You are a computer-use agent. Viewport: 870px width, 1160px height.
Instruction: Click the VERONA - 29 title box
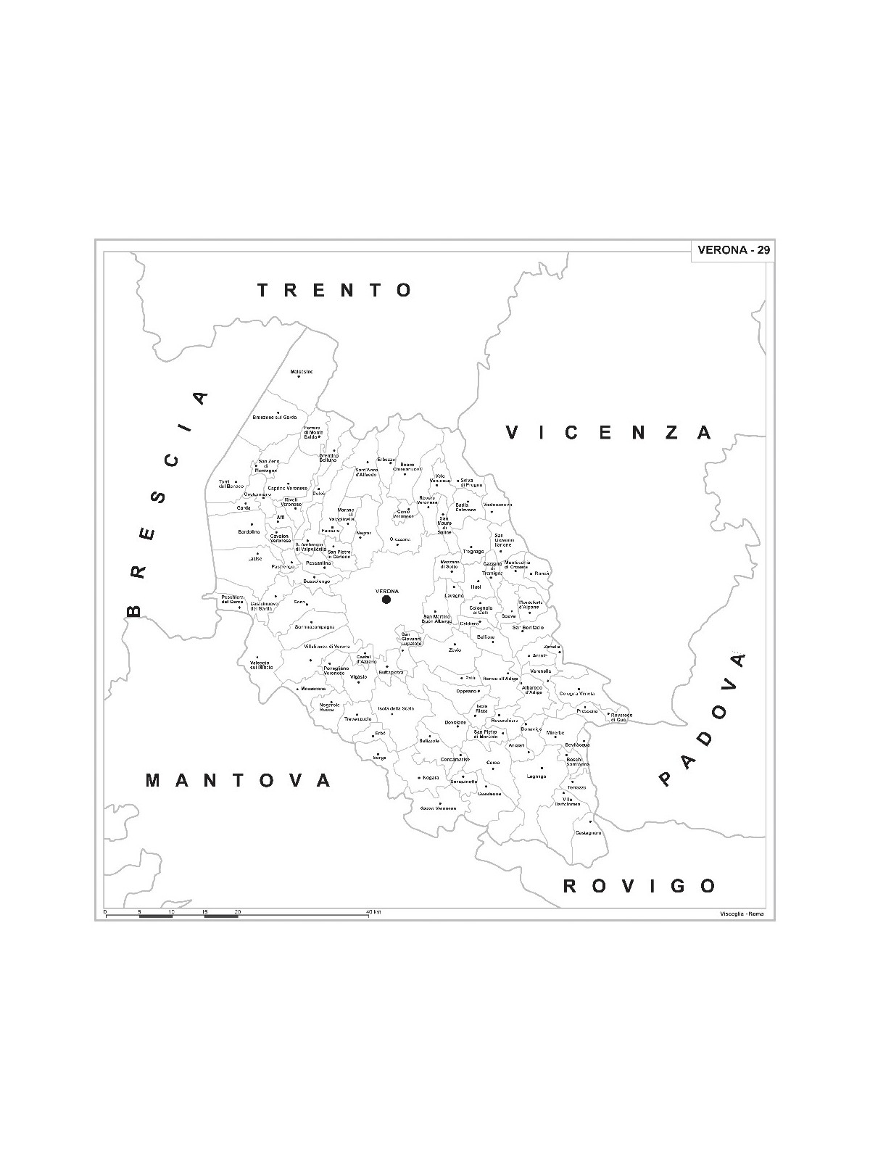pyautogui.click(x=733, y=251)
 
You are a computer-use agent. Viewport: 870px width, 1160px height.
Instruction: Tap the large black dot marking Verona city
pyautogui.click(x=386, y=600)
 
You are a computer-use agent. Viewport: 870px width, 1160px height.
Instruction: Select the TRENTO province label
pyautogui.click(x=336, y=291)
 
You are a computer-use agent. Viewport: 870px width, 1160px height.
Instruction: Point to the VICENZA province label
pyautogui.click(x=608, y=433)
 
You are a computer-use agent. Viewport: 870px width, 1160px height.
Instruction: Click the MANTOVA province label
pyautogui.click(x=239, y=781)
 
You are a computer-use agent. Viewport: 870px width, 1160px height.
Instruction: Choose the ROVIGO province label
pyautogui.click(x=640, y=885)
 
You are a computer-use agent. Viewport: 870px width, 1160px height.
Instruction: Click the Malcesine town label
pyautogui.click(x=302, y=372)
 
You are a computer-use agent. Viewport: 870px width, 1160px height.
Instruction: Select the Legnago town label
pyautogui.click(x=536, y=776)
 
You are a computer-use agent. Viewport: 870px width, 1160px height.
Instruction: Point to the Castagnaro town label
pyautogui.click(x=589, y=832)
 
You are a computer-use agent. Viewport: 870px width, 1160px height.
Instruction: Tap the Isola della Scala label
pyautogui.click(x=394, y=708)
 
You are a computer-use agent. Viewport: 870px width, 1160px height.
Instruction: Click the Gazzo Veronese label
pyautogui.click(x=438, y=808)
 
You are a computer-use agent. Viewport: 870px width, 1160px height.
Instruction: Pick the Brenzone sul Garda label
pyautogui.click(x=275, y=418)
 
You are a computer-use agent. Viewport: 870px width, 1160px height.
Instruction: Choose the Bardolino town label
pyautogui.click(x=249, y=532)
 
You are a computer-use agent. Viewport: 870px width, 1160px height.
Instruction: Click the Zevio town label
pyautogui.click(x=455, y=650)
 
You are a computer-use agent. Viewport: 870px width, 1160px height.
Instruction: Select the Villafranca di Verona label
pyautogui.click(x=327, y=646)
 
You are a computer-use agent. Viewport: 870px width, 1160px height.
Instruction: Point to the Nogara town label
pyautogui.click(x=431, y=778)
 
